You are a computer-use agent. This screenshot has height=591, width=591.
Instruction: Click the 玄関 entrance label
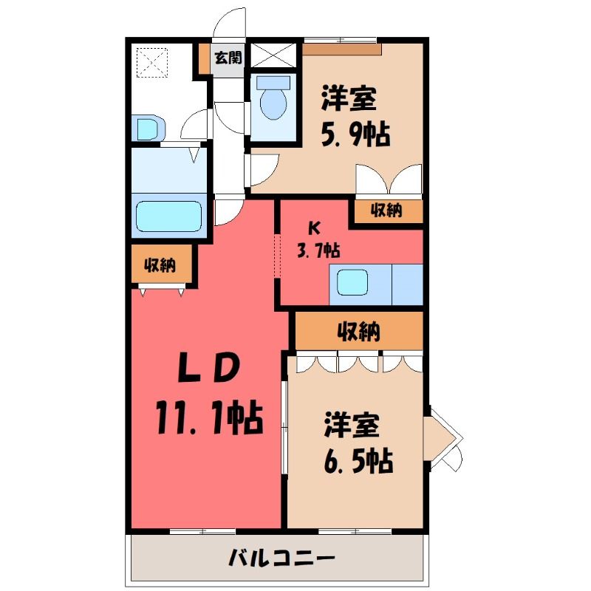pos(228,58)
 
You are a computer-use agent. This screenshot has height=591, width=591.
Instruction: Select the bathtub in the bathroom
pos(169,216)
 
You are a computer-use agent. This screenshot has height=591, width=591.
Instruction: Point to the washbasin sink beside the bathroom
pos(148,128)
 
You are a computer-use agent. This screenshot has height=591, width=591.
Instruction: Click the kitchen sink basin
pos(352,283)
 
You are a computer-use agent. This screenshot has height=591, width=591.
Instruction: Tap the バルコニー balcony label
pos(281,557)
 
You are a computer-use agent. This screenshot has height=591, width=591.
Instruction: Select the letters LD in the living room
pos(208,367)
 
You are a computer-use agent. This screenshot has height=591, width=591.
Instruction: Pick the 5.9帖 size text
pos(355,134)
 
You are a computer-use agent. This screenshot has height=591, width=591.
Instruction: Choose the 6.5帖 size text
pos(358,460)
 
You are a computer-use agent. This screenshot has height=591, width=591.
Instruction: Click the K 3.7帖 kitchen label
pos(318,239)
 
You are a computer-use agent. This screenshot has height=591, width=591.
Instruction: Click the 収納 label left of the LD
pos(160,265)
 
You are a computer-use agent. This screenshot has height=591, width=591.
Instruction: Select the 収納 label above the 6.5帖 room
pos(358,331)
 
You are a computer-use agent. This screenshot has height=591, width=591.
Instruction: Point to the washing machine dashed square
pos(152,63)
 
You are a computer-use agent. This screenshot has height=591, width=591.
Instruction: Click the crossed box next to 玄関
pos(273,55)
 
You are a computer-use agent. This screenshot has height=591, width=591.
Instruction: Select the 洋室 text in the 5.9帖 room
pos(349,98)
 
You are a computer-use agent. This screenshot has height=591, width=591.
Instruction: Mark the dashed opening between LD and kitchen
pos(278,256)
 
